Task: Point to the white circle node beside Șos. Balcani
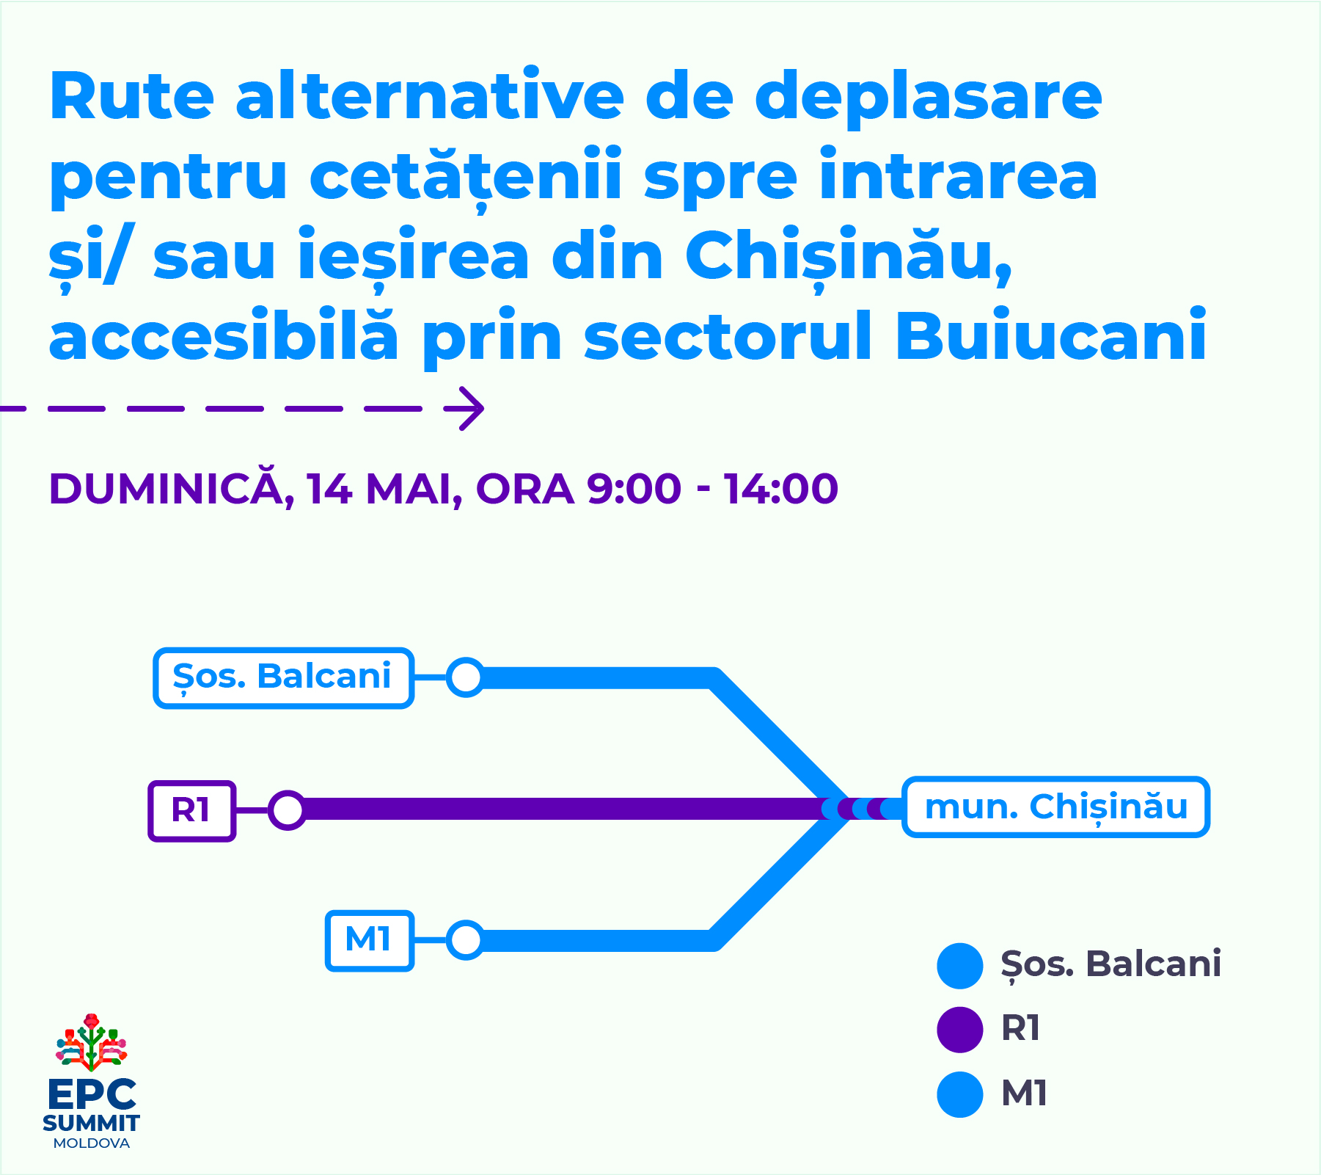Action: (x=466, y=677)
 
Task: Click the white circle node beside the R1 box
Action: (x=287, y=810)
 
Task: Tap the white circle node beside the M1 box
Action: (x=466, y=940)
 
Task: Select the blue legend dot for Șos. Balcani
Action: (x=959, y=966)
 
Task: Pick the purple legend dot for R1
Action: (x=959, y=1030)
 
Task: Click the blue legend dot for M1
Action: (x=959, y=1094)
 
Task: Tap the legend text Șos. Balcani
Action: (x=1110, y=964)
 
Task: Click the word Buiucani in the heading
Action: (x=1050, y=336)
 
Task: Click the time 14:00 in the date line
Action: (x=782, y=489)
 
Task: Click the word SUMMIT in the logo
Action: (x=91, y=1123)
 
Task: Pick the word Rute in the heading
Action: (x=132, y=97)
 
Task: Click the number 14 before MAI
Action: (x=330, y=489)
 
